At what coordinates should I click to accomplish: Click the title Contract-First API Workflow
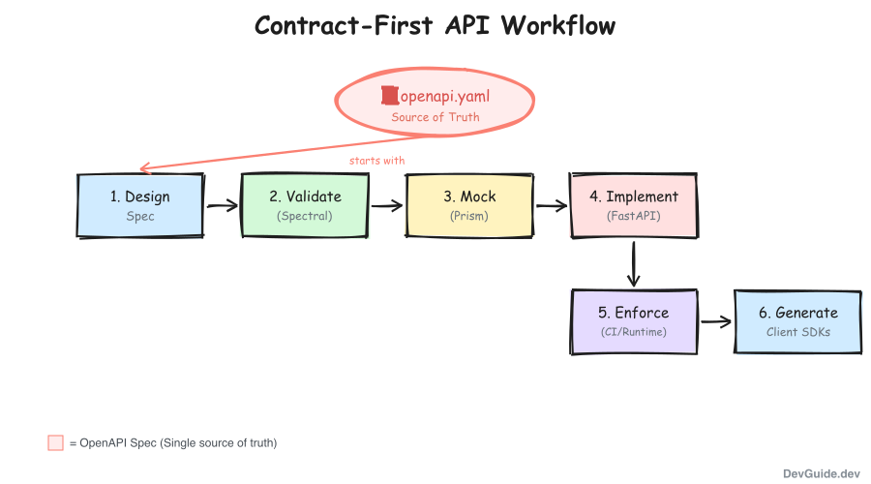tap(435, 25)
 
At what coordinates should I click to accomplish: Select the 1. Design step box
tap(140, 205)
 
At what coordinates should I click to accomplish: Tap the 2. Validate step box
tap(305, 205)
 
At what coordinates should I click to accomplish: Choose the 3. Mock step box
tap(469, 205)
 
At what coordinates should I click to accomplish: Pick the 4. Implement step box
tap(634, 205)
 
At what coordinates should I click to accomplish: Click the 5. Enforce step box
tap(634, 321)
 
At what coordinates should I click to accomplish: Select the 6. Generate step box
tap(798, 321)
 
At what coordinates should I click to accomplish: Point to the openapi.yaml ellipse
tap(435, 105)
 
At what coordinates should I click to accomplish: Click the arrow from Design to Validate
tap(222, 205)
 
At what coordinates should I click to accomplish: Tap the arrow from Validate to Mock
tap(386, 205)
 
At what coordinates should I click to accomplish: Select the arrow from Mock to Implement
tap(551, 205)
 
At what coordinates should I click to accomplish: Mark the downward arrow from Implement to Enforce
tap(634, 263)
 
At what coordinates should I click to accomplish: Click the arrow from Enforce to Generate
tap(715, 321)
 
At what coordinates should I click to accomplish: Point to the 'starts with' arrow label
tap(377, 161)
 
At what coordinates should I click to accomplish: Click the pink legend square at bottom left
tap(55, 442)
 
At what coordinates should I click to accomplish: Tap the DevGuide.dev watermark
tap(822, 473)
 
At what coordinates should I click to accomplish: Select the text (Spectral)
tap(305, 216)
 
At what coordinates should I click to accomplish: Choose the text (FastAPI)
tap(634, 216)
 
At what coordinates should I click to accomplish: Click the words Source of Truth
tap(435, 117)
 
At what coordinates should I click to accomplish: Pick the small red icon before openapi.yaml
tap(389, 96)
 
